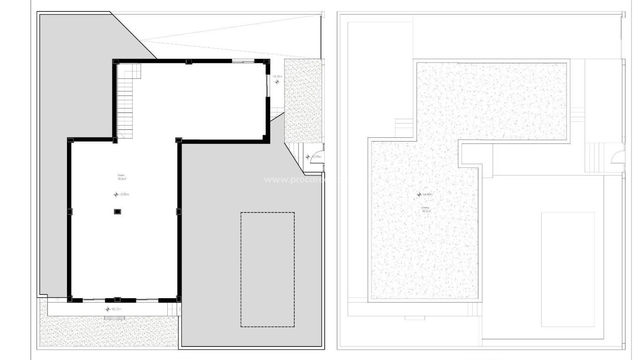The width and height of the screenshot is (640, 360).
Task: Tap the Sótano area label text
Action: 122,177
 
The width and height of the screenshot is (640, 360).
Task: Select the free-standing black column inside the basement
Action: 117,211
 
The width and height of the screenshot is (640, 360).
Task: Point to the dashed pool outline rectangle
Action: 268,270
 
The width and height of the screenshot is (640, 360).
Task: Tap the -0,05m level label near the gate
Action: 316,157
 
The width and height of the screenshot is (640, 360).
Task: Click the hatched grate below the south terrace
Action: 114,318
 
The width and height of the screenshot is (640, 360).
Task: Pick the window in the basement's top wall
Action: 243,61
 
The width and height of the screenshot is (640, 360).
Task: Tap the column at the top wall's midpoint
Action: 188,61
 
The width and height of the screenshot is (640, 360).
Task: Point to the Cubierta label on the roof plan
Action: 425,209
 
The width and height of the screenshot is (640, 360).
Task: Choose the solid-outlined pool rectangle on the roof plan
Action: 568,269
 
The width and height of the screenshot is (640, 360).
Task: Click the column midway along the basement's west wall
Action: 69,211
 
